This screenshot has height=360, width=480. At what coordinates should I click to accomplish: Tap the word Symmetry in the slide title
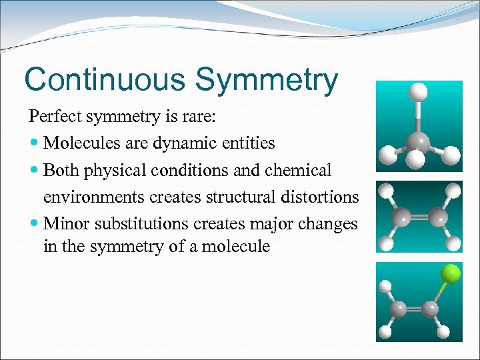point(267,79)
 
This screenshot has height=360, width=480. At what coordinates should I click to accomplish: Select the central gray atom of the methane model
point(418,140)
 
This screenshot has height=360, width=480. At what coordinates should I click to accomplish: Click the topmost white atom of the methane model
point(418,92)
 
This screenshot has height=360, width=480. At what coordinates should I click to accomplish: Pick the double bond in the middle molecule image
point(419,217)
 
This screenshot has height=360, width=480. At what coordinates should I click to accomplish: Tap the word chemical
point(299,171)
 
